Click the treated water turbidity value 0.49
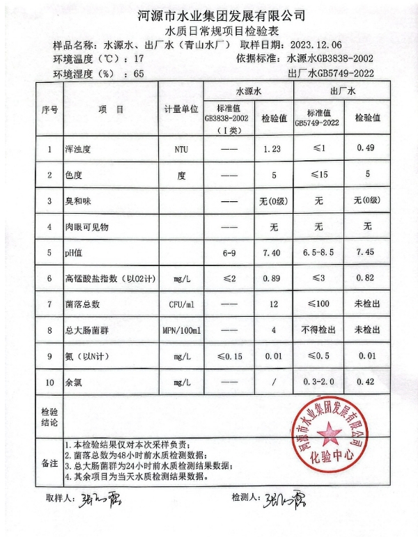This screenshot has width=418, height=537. point(366,150)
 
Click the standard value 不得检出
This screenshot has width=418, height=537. point(318,330)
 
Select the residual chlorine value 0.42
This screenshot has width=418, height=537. point(366,382)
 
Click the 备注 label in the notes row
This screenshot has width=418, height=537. point(49,462)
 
